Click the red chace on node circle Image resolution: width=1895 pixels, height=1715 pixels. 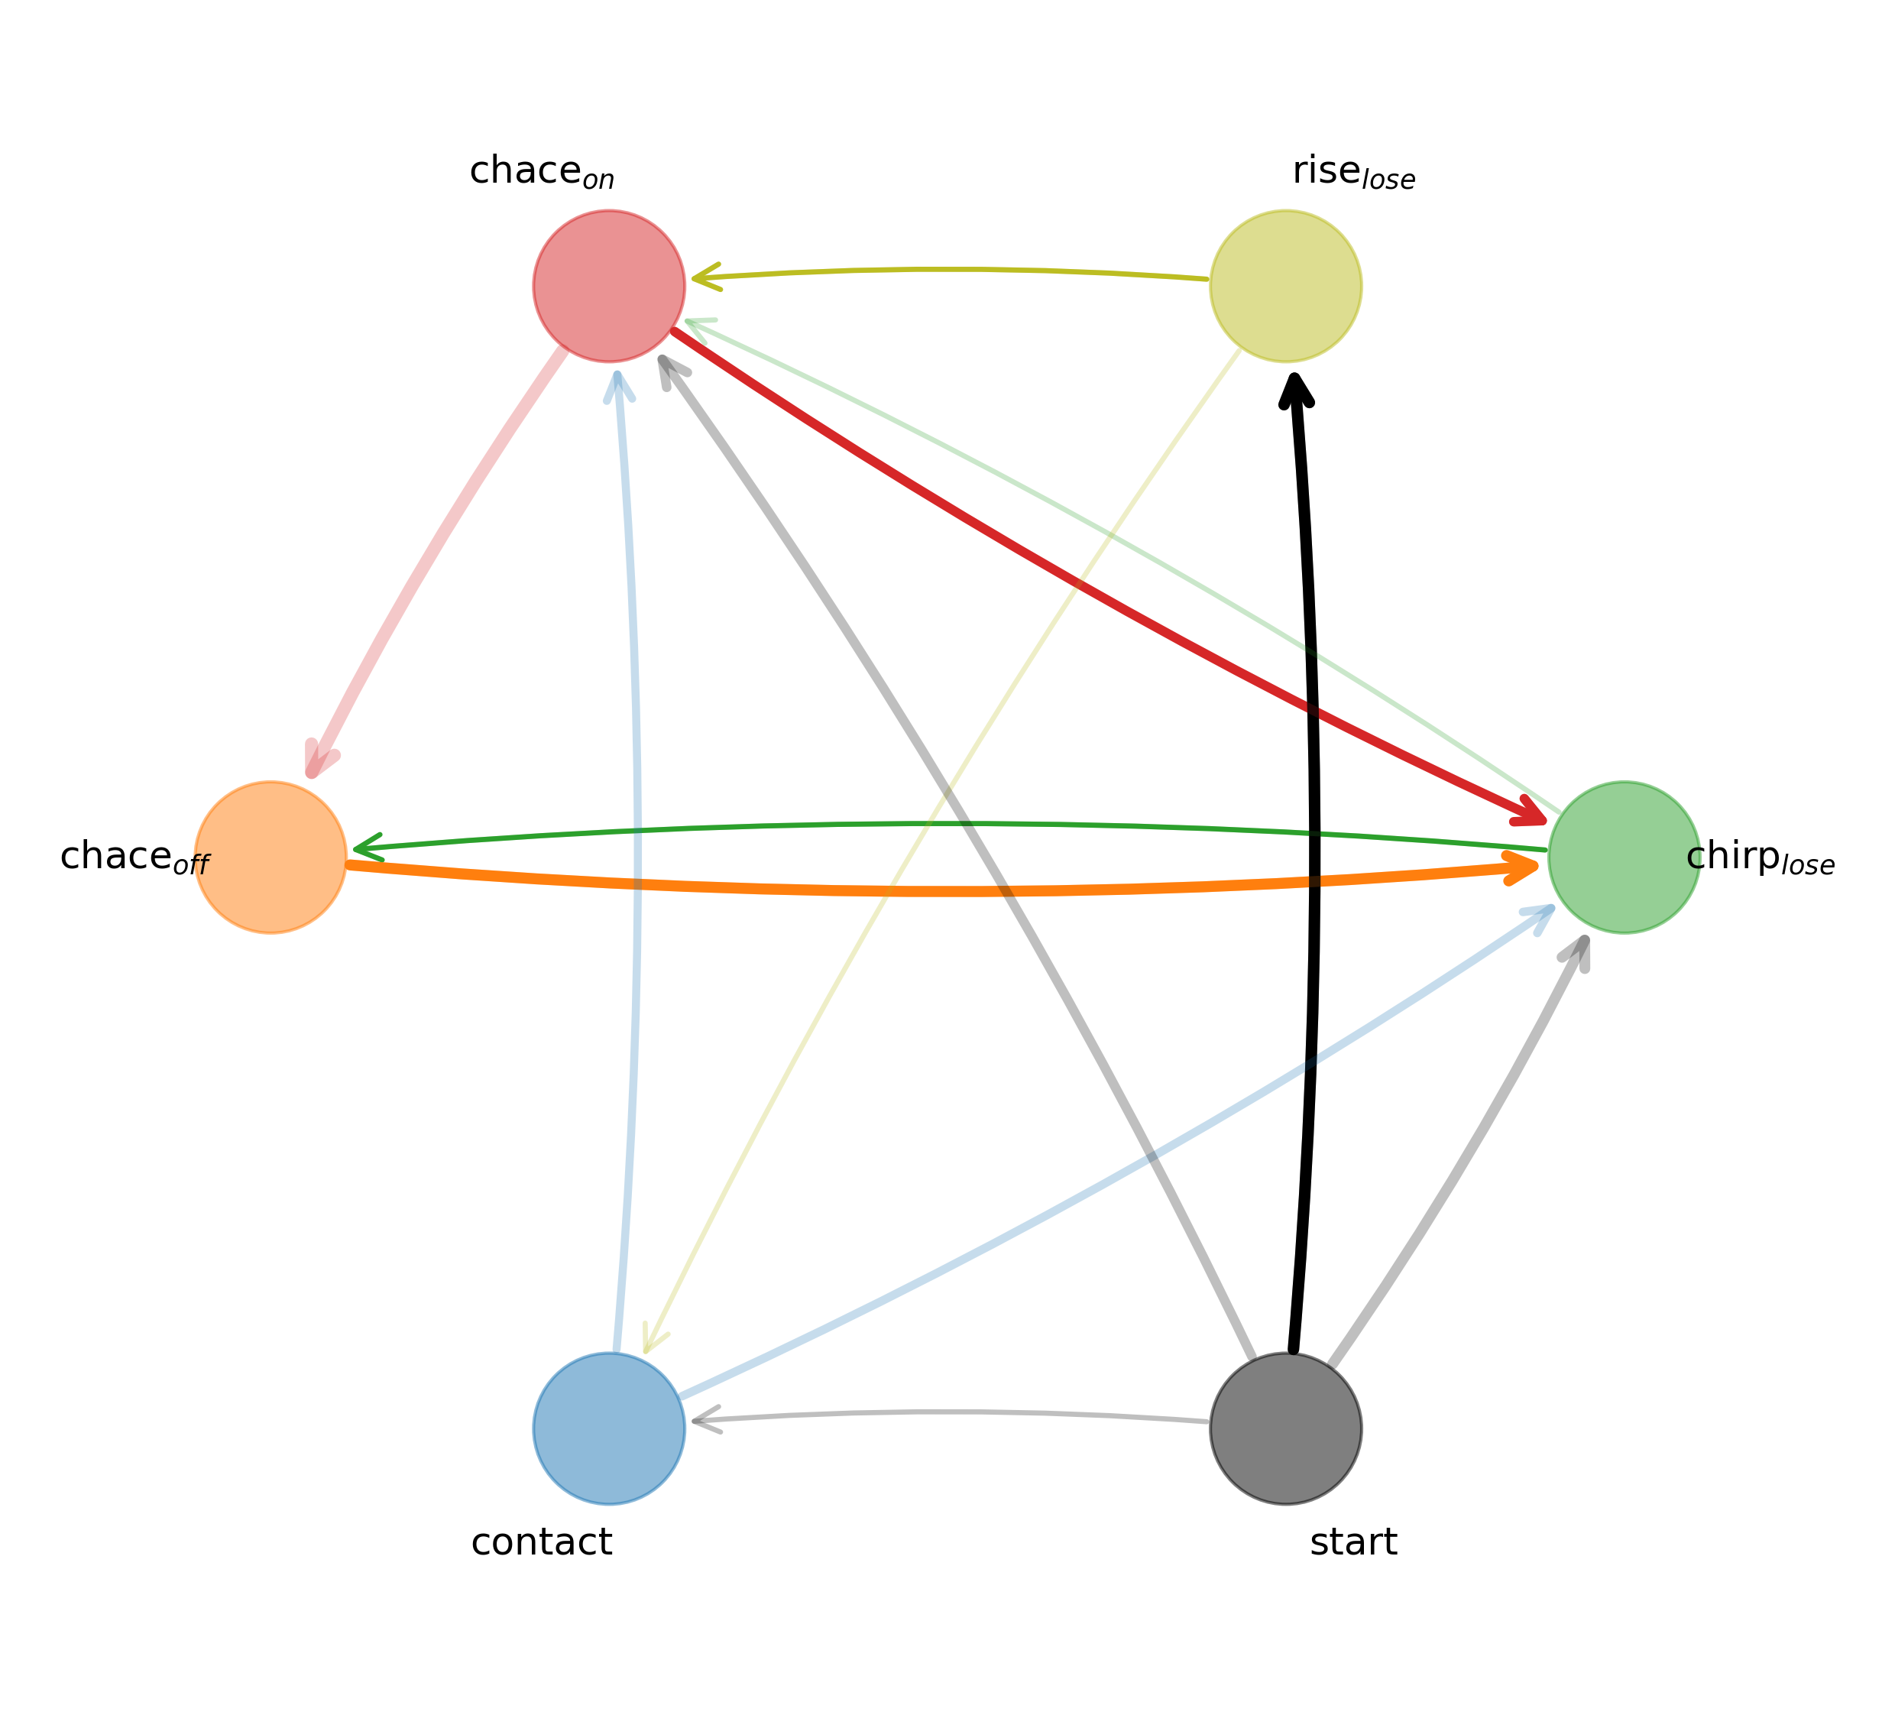pyautogui.click(x=609, y=286)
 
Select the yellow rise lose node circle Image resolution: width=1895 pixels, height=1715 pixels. pyautogui.click(x=1286, y=286)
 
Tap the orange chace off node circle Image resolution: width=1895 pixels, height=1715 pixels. pyautogui.click(x=270, y=857)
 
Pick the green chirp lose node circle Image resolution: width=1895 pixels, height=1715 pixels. pyautogui.click(x=1625, y=857)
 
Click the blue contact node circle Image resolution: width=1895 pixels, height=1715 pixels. pyautogui.click(x=609, y=1428)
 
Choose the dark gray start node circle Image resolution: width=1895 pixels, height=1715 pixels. pyautogui.click(x=1286, y=1428)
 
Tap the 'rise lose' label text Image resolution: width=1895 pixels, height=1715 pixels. pyautogui.click(x=1353, y=173)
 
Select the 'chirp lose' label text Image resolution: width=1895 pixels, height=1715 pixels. pyautogui.click(x=1760, y=858)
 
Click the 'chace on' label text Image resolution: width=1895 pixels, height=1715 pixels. pyautogui.click(x=542, y=173)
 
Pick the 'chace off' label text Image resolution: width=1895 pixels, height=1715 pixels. pyautogui.click(x=135, y=857)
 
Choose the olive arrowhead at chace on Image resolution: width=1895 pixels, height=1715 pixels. pyautogui.click(x=706, y=277)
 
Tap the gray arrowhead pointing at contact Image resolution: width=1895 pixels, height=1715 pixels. pyautogui.click(x=706, y=1420)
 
